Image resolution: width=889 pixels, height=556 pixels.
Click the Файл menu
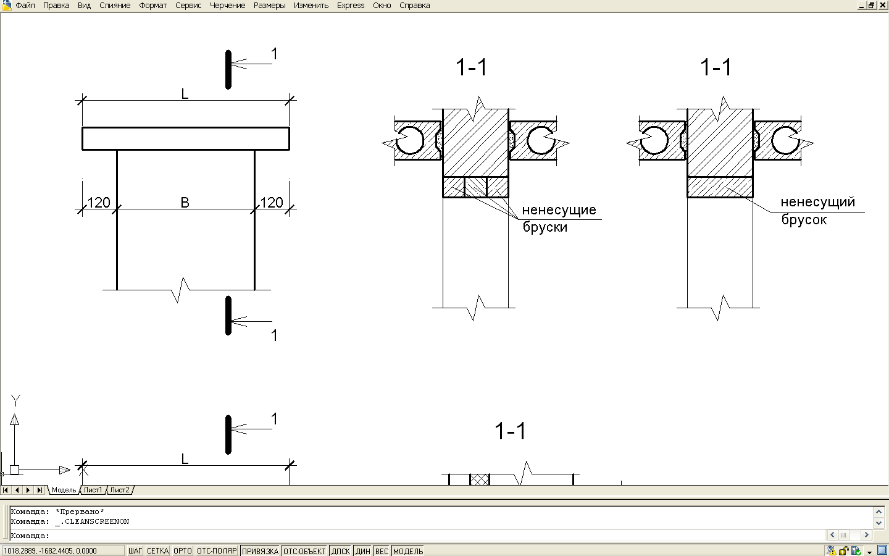25,6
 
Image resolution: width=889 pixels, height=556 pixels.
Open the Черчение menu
227,6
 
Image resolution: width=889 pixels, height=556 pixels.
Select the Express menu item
351,6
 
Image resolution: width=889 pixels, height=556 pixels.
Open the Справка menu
414,6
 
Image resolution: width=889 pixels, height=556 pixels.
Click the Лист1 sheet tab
93,490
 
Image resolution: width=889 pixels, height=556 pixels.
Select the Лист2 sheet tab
120,490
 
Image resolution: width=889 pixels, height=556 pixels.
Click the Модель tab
64,490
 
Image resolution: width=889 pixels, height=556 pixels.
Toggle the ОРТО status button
183,551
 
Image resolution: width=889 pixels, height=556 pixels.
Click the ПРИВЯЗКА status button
260,551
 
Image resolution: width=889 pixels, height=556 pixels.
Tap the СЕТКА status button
157,551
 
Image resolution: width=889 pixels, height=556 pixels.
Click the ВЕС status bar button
382,551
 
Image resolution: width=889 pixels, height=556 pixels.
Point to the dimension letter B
185,203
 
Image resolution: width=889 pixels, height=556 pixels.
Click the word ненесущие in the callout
559,209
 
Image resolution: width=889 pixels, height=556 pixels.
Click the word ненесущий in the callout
818,202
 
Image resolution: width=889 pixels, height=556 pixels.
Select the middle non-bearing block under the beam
475,187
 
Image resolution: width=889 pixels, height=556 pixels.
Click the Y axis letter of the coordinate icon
15,400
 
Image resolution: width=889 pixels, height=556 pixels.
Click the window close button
883,5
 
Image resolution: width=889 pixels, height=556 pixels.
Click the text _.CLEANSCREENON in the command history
92,521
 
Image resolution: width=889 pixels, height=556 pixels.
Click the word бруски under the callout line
545,227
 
